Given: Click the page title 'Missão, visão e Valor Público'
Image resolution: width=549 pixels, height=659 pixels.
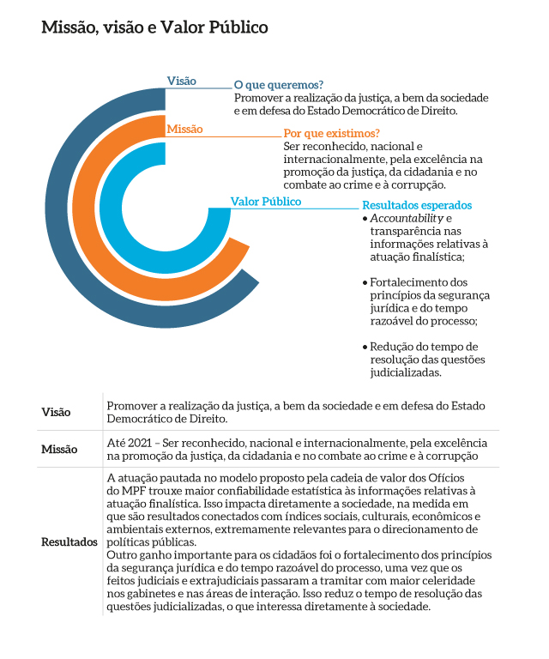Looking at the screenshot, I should coord(154,27).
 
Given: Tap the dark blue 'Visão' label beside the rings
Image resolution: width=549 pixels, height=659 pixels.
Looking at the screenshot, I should coord(181,81).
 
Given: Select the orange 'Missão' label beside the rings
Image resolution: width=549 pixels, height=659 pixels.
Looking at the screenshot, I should coord(184,129).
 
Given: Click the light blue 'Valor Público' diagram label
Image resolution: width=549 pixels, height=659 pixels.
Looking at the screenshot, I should coord(266,202).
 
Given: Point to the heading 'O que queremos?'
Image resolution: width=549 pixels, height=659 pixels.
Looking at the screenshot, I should coord(278,85).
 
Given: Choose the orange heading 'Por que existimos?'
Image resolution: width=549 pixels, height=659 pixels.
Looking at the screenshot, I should coord(331,133).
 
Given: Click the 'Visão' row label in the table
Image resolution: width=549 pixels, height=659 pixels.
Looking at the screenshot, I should coord(57,413).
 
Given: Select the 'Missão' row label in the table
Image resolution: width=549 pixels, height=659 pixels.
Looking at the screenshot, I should coord(60,449).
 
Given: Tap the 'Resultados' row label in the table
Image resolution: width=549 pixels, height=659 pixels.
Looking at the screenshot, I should coord(69,543).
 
